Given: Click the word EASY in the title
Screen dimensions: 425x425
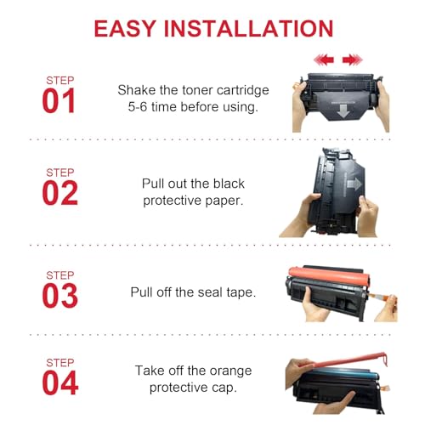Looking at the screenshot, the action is (x=125, y=29).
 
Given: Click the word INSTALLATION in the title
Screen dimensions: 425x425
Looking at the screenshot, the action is (x=249, y=29).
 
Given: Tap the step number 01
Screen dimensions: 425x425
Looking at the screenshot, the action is (x=59, y=100).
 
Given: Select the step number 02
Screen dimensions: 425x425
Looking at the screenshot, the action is (x=59, y=193).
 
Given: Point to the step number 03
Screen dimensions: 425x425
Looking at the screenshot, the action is (x=59, y=296).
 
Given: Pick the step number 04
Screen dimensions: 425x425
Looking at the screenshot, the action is (x=60, y=382).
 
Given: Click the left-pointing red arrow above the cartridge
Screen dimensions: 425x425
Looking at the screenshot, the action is (x=324, y=59).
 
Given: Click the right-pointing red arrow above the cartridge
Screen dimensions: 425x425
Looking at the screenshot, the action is (x=353, y=59).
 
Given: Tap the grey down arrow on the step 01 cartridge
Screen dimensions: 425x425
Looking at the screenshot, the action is (x=343, y=111).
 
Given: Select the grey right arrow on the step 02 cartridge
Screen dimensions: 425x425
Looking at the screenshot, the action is (x=354, y=184).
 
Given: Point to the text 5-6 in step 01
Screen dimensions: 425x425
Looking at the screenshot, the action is (x=138, y=107).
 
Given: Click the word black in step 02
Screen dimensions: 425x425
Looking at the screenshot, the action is (x=229, y=184).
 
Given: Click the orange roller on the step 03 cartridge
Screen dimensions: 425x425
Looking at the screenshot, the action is (x=329, y=276).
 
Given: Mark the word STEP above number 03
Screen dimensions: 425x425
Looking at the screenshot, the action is (x=60, y=275).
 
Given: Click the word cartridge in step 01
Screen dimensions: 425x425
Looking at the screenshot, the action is (x=243, y=91).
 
